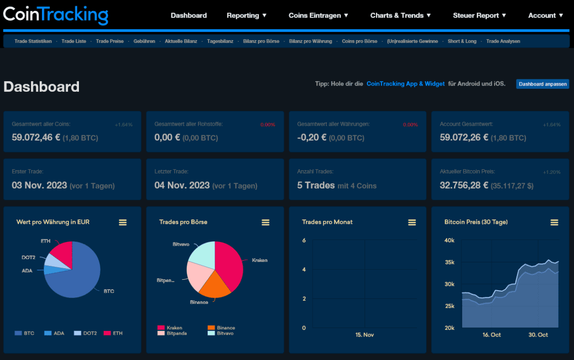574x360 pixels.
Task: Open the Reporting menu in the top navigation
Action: pyautogui.click(x=246, y=15)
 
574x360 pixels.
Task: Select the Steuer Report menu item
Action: pyautogui.click(x=479, y=15)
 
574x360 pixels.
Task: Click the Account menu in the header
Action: pyautogui.click(x=545, y=15)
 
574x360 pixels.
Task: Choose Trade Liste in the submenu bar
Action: pyautogui.click(x=74, y=41)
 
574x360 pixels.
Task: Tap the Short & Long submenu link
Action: pyautogui.click(x=462, y=41)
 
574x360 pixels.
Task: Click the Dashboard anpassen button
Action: pyautogui.click(x=542, y=84)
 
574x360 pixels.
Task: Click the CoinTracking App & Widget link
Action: pyautogui.click(x=405, y=84)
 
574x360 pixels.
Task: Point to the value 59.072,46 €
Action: pyautogui.click(x=36, y=138)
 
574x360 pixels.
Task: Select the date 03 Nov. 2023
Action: pyautogui.click(x=39, y=185)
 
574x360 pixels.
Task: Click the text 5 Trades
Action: pyautogui.click(x=316, y=185)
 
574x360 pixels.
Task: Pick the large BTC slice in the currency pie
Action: pyautogui.click(x=77, y=282)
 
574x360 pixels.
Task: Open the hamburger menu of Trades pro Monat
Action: pyautogui.click(x=411, y=222)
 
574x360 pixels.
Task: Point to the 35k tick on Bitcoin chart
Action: pyautogui.click(x=450, y=262)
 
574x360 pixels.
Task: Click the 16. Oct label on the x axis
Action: pyautogui.click(x=492, y=335)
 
